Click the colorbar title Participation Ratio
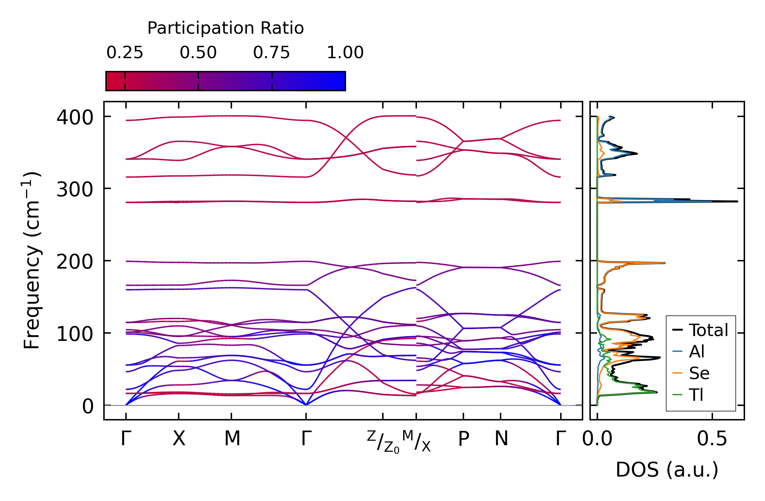226,28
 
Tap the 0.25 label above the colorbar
125,53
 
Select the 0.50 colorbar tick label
198,53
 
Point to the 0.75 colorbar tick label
272,53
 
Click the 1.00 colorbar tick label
345,53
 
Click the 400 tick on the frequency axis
75,117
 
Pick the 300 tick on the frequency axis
75,189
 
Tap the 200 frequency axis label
75,262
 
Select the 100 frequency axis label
75,334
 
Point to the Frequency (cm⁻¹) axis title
32,260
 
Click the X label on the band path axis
179,439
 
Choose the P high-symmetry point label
463,439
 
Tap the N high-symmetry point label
501,439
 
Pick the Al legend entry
696,352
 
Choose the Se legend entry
699,373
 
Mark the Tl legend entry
696,395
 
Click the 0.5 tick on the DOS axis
712,439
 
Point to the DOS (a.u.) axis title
667,470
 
